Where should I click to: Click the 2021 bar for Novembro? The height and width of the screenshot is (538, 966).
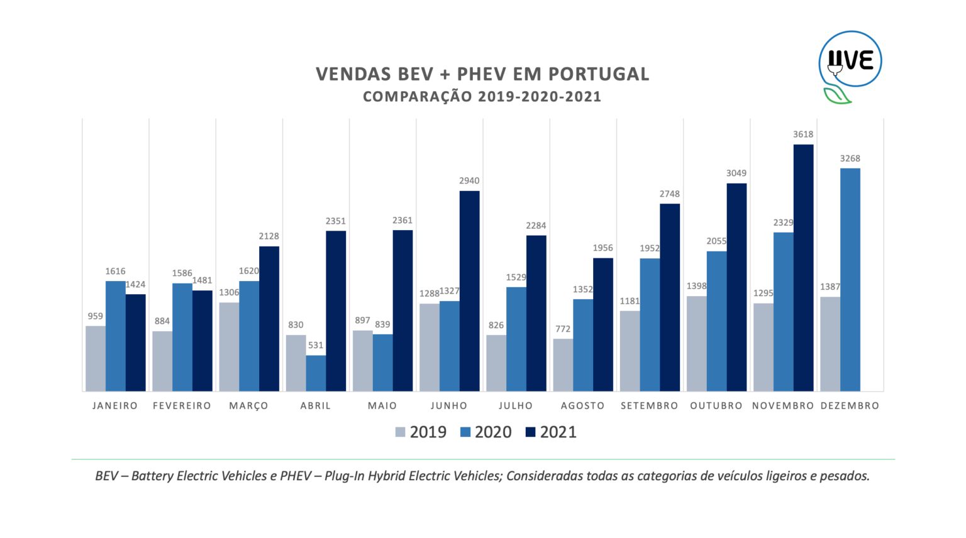pos(803,268)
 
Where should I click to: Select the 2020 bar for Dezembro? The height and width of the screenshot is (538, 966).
pos(850,280)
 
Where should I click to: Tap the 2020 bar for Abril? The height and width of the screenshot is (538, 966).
pos(316,373)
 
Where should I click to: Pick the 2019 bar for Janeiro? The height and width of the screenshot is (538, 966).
pos(96,358)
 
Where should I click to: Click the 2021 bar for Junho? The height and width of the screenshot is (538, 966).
pos(469,291)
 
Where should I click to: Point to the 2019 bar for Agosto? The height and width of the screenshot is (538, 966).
pos(563,365)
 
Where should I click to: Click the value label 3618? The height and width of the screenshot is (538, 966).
pos(803,134)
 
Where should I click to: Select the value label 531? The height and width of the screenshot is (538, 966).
pos(316,346)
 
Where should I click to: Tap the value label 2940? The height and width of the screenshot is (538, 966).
pos(469,181)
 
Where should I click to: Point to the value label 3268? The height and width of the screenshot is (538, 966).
pos(850,158)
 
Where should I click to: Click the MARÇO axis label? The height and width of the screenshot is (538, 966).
pos(249,406)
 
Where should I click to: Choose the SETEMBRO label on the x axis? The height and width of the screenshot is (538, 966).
pos(650,406)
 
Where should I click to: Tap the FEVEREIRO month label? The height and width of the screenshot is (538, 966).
pos(182,406)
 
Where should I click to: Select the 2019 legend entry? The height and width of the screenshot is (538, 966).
pos(421,432)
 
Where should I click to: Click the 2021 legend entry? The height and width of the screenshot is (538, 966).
pos(551,432)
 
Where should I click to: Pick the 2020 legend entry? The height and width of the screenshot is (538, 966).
pos(486,432)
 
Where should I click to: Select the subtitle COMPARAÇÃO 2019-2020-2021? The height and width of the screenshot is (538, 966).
pos(482,97)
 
